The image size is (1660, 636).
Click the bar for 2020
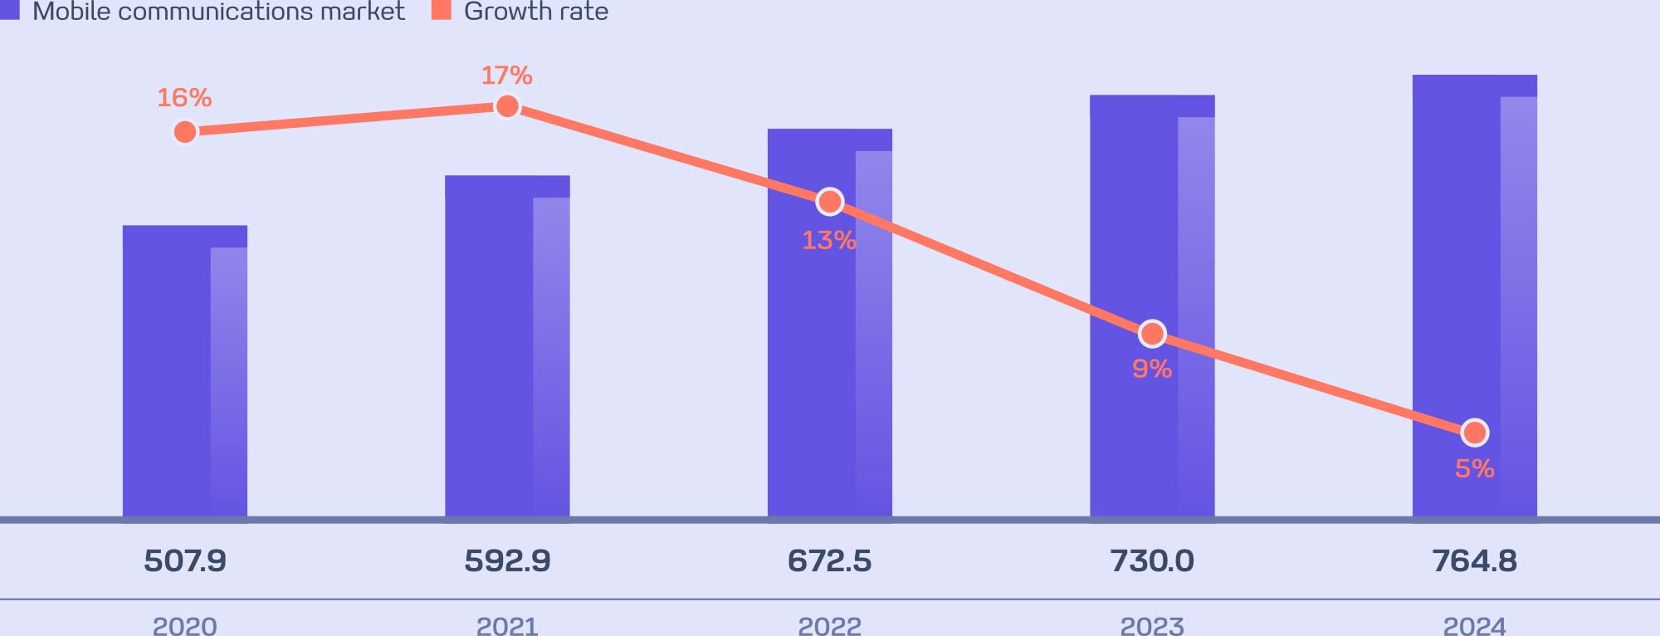pyautogui.click(x=184, y=374)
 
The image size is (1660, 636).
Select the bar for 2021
pyautogui.click(x=507, y=349)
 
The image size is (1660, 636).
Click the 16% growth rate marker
pyautogui.click(x=185, y=132)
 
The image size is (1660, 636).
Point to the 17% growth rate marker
pyautogui.click(x=507, y=106)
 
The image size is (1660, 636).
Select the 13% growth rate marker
pyautogui.click(x=829, y=202)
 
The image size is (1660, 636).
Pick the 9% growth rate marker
pyautogui.click(x=1152, y=334)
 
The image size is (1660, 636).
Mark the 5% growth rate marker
pyautogui.click(x=1475, y=433)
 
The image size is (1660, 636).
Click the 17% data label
pyautogui.click(x=507, y=76)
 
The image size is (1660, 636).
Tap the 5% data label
pyautogui.click(x=1475, y=469)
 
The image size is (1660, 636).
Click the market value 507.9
pyautogui.click(x=185, y=561)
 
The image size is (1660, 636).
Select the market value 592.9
pyautogui.click(x=507, y=561)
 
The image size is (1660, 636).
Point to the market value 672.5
pyautogui.click(x=829, y=561)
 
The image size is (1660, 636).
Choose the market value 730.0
pyautogui.click(x=1152, y=561)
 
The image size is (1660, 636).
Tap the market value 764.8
pyautogui.click(x=1475, y=561)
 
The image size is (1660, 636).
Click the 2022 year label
pyautogui.click(x=829, y=625)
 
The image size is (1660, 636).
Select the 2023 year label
pyautogui.click(x=1152, y=625)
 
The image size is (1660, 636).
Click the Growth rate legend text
pyautogui.click(x=536, y=12)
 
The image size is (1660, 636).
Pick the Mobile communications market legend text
pyautogui.click(x=218, y=12)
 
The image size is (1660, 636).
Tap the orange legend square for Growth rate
pyautogui.click(x=442, y=9)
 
